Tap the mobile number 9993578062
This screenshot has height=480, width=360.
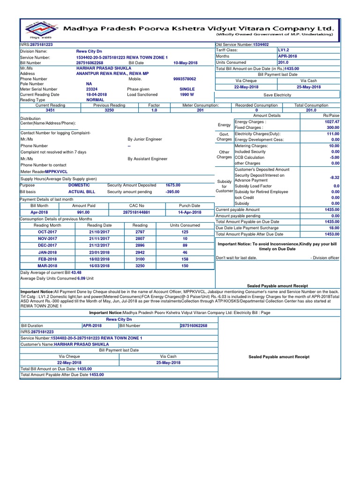point(185,79)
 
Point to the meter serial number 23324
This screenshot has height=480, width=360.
point(92,89)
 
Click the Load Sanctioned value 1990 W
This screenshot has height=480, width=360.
point(187,94)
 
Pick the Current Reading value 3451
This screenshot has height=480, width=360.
point(50,111)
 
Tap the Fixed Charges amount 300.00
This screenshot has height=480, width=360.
point(333,127)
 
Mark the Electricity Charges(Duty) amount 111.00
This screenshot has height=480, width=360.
point(333,134)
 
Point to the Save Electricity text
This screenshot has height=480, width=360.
point(277,95)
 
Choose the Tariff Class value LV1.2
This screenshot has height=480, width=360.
point(284,50)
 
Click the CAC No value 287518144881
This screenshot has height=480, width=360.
point(137,212)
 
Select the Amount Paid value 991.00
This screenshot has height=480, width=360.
point(83,212)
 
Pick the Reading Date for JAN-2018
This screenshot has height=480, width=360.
point(100,252)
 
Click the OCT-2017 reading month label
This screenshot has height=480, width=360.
point(47,232)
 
